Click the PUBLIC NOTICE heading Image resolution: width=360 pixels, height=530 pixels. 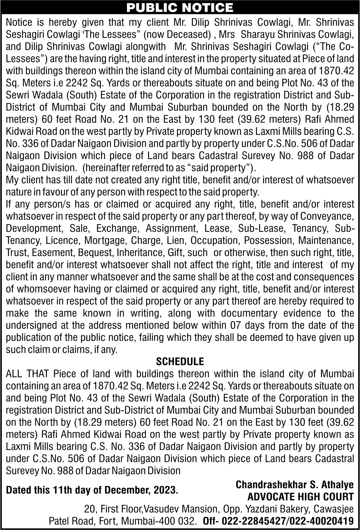point(180,7)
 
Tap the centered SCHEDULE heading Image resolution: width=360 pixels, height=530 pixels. point(180,361)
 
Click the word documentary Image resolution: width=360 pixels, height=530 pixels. point(249,313)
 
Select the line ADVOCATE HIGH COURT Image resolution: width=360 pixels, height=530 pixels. point(301,497)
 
